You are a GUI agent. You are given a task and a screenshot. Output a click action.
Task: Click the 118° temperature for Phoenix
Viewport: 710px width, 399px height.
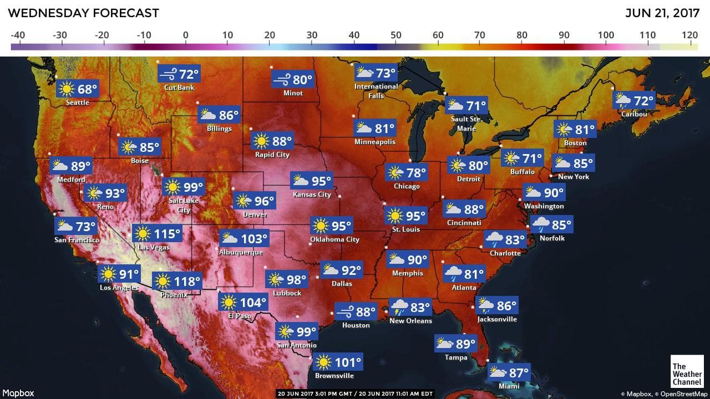187,282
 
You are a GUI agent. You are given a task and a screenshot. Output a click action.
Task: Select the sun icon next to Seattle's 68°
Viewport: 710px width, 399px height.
67,89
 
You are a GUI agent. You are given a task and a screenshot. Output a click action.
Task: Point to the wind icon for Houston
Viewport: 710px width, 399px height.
344,311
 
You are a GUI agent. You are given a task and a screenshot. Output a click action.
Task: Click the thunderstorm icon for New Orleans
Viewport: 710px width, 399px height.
399,307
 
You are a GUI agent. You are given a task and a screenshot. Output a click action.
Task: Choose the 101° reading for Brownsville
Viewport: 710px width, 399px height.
348,363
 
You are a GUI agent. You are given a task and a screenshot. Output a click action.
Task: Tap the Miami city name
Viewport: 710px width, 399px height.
509,386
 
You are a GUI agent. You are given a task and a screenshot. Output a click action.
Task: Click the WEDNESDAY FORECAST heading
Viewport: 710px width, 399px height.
84,13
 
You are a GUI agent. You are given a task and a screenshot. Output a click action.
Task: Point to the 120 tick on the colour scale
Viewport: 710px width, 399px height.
690,35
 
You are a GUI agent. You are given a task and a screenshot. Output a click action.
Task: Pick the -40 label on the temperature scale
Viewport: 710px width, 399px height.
18,35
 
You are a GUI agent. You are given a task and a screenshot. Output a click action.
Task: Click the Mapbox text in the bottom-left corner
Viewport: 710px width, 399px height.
18,393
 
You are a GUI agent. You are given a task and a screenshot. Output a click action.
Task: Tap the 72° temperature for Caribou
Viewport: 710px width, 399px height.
644,101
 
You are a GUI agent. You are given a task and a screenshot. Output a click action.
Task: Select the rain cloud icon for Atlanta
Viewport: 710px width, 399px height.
453,273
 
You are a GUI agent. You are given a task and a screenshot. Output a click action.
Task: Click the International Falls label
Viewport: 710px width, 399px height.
376,91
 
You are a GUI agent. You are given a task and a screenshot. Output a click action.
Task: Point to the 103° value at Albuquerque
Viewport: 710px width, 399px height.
255,239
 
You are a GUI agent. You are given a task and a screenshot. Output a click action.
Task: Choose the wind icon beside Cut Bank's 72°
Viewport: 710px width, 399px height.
168,74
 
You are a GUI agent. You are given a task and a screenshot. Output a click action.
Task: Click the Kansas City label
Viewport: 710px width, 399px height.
312,195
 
